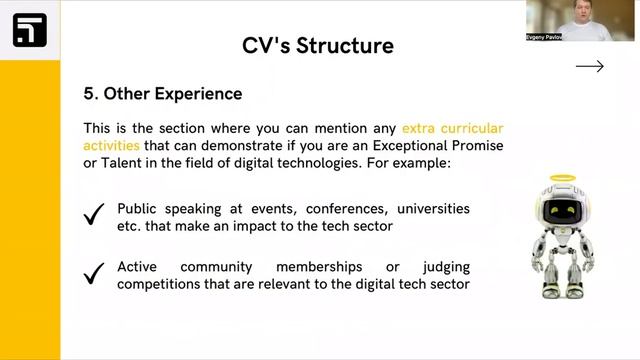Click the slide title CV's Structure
[317, 45]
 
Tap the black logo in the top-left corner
[30, 30]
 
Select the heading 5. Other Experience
[162, 94]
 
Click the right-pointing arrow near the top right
[590, 67]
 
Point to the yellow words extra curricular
[452, 128]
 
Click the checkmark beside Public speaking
[95, 215]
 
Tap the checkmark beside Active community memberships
[95, 272]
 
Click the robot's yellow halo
[565, 180]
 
